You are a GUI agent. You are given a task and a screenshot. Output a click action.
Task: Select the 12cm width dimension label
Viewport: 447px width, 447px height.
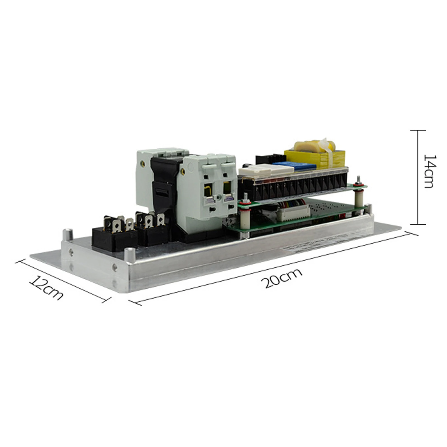point(46,287)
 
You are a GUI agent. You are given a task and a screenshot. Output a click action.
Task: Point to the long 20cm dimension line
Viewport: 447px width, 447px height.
point(274,268)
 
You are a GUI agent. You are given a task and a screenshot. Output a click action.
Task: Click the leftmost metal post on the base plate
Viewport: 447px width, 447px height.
point(67,234)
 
